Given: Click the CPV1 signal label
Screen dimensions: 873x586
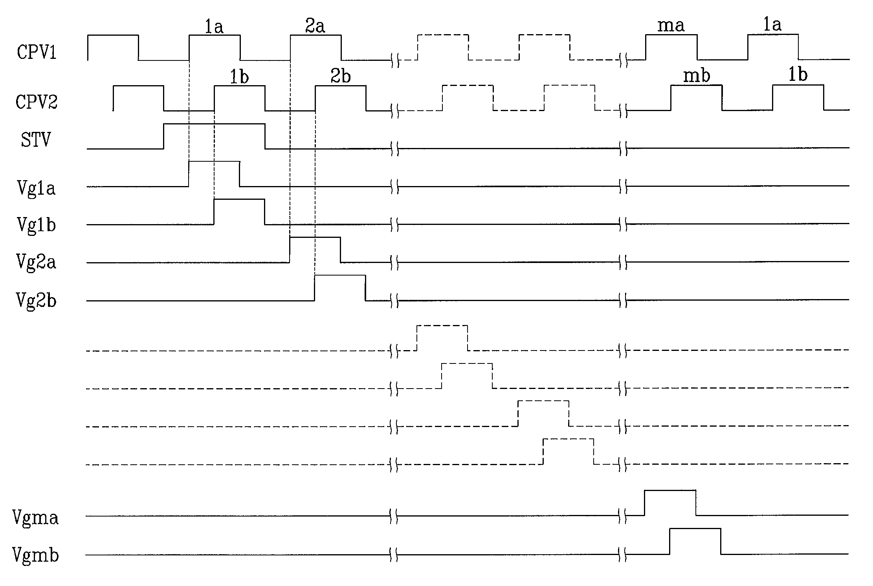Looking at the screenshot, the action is [x=37, y=52].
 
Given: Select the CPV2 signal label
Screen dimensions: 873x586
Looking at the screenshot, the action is [x=37, y=102].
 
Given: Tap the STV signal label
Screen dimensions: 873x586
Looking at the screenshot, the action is [x=36, y=140].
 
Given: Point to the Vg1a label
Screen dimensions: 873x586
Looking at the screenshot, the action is [x=36, y=188].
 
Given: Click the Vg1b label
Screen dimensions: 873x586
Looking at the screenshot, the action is [x=36, y=225].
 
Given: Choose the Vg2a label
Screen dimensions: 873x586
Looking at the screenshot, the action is [x=36, y=262].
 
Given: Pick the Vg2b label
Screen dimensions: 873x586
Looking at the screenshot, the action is [x=36, y=300].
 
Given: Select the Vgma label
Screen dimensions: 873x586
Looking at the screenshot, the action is [x=35, y=517].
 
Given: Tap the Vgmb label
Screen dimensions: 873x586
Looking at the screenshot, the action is [x=35, y=555].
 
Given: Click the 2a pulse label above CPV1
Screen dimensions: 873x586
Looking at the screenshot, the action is [x=315, y=26].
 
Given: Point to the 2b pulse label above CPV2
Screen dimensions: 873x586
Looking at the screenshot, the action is [x=340, y=76].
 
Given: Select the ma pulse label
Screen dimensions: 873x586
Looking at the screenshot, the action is [x=671, y=26].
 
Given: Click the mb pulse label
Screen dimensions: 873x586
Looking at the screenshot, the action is [x=697, y=76].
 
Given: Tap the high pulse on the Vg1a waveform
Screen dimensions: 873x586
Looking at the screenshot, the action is [x=214, y=173].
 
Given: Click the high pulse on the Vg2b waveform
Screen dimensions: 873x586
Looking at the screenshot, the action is [x=340, y=288].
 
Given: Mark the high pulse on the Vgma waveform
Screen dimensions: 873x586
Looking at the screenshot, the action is [x=670, y=502].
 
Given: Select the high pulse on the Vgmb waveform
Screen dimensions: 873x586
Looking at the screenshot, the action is [x=695, y=541].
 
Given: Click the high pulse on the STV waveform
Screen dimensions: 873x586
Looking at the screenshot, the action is [x=214, y=136].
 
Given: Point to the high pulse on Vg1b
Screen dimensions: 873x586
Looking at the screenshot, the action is [x=239, y=212].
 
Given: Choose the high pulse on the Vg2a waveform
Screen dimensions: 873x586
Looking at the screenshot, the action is [x=315, y=250].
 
